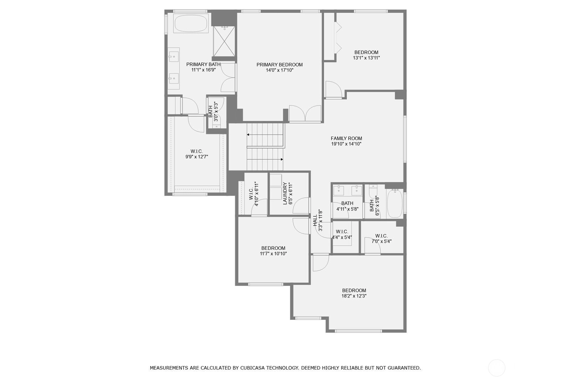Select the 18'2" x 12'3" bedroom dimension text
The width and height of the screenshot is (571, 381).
click(x=354, y=296)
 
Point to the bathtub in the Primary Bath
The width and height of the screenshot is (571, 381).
click(x=191, y=23)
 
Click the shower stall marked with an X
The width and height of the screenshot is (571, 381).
click(x=224, y=41)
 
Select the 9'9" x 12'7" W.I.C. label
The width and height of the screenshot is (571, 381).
click(x=197, y=154)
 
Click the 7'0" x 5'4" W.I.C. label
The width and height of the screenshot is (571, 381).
click(x=381, y=238)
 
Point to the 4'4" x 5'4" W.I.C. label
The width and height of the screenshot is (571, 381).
click(x=342, y=234)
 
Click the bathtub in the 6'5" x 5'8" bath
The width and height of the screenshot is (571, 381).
click(x=395, y=203)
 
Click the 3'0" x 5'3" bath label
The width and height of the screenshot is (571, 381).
click(x=213, y=112)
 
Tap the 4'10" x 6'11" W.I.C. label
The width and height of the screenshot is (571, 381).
click(x=254, y=194)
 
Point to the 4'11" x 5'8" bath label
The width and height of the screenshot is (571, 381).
click(x=347, y=206)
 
